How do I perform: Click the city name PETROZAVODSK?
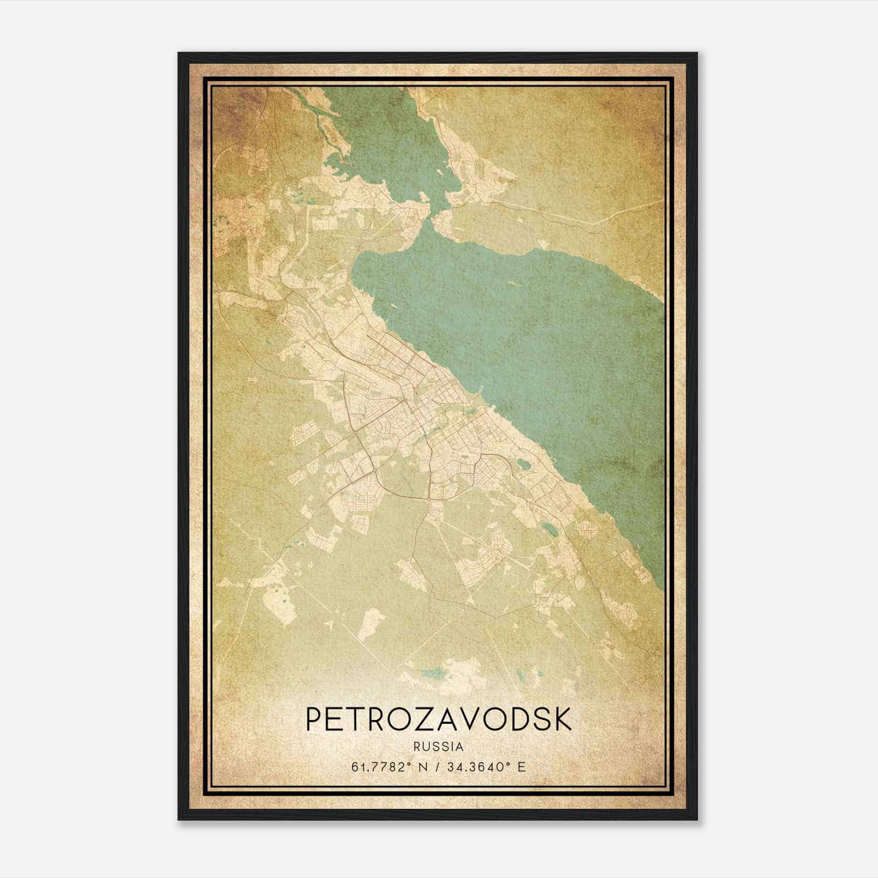click(x=438, y=719)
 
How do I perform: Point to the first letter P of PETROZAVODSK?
click(x=314, y=719)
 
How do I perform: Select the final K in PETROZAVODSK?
click(x=563, y=719)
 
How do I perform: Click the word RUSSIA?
click(x=438, y=747)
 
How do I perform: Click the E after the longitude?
click(x=521, y=767)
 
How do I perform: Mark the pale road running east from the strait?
click(x=549, y=214)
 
